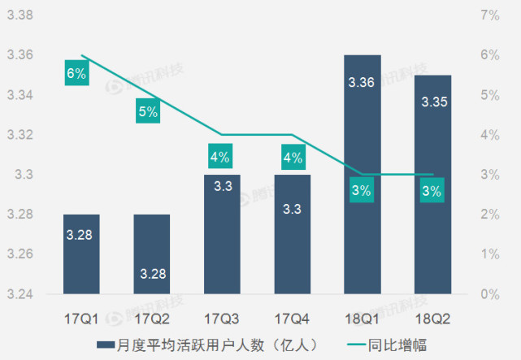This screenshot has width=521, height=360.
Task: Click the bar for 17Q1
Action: tap(82, 254)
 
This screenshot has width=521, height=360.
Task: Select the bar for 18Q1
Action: tap(362, 174)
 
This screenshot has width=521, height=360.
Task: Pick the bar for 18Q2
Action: tap(432, 184)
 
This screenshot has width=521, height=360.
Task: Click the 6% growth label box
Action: tap(76, 73)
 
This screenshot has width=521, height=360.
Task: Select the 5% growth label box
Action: tap(148, 111)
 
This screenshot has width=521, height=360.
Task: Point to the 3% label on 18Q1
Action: tap(362, 191)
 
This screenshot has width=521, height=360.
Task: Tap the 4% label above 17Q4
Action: tap(292, 157)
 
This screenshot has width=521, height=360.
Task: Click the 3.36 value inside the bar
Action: tap(362, 82)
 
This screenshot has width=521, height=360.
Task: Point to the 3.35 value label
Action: tap(432, 102)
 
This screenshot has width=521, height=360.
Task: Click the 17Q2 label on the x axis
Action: tap(152, 312)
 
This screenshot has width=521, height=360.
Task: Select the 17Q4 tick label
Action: tap(292, 312)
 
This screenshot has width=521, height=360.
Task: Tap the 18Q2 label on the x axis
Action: tap(432, 312)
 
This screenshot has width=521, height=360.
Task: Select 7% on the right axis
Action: tap(489, 15)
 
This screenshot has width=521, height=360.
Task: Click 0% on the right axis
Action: tap(489, 294)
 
